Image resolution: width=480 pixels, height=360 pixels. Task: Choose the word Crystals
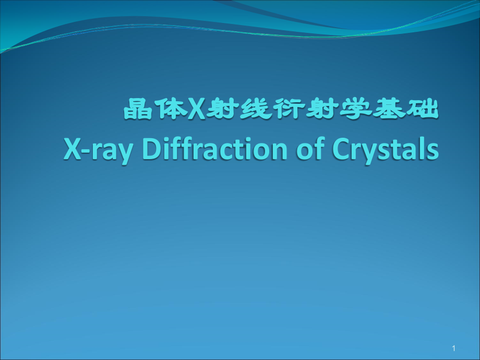[383, 150]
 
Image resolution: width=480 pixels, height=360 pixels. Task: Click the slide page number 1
[454, 348]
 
